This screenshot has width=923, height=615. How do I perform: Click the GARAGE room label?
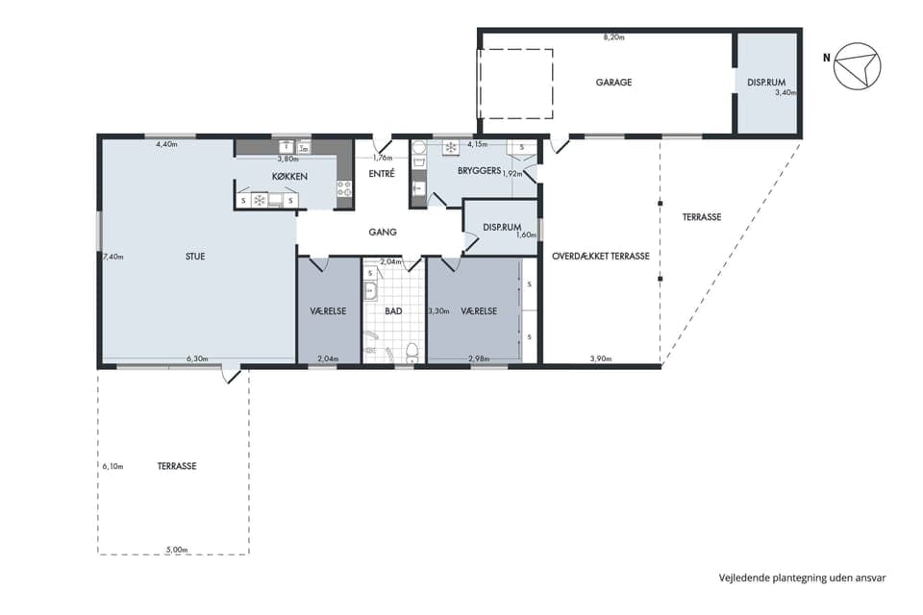[x=613, y=83]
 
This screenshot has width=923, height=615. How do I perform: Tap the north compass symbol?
[x=857, y=66]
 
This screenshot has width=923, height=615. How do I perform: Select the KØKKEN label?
[x=289, y=176]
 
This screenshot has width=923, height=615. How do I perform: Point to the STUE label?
[x=195, y=257]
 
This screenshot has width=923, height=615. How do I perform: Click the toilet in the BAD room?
[x=412, y=352]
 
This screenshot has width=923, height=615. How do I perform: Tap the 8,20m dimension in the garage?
[x=613, y=37]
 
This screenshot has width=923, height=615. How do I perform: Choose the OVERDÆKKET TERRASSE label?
[x=601, y=256]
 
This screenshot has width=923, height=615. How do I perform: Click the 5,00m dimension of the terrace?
[x=177, y=550]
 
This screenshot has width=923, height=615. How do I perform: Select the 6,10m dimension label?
[x=112, y=466]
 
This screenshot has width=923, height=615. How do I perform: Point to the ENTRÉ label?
[x=382, y=174]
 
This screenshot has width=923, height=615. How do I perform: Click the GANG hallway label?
[x=383, y=232]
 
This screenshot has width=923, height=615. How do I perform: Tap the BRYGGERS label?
[x=479, y=171]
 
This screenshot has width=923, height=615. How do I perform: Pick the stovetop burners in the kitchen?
[x=344, y=188]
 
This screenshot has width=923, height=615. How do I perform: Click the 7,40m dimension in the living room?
[x=113, y=257]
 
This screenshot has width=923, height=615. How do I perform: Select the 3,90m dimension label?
[x=600, y=358]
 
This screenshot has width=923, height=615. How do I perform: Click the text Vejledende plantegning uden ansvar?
[x=802, y=578]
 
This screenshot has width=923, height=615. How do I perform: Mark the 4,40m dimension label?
[x=166, y=143]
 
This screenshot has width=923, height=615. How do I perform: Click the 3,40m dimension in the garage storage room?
[x=786, y=92]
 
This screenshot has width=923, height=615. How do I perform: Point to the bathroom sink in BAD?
[x=370, y=291]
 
